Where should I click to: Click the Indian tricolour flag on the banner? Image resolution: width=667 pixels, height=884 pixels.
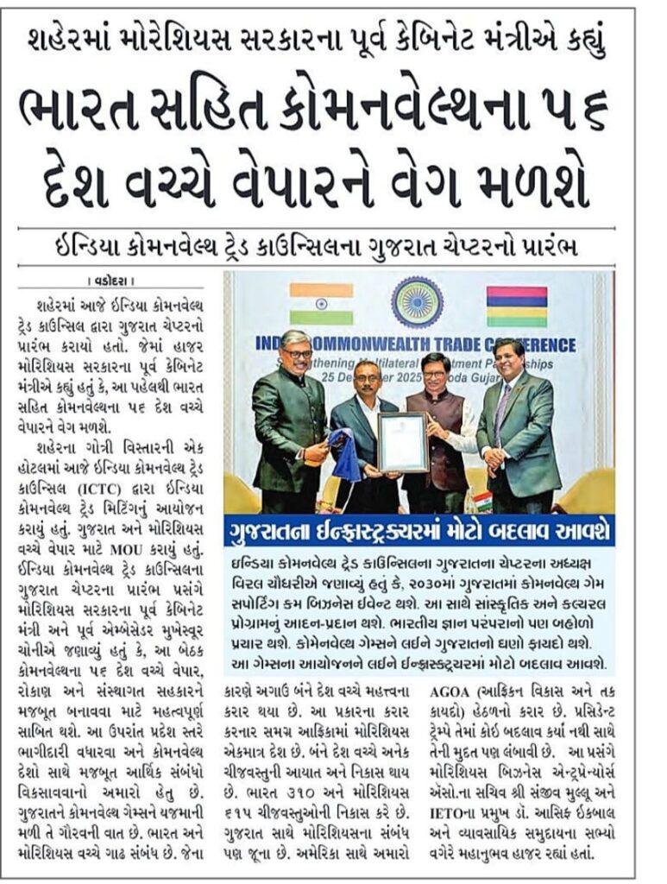[x=321, y=304]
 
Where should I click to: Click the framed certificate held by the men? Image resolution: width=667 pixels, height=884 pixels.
[x=402, y=442]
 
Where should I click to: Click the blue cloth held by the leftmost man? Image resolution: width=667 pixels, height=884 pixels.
[x=346, y=453]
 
